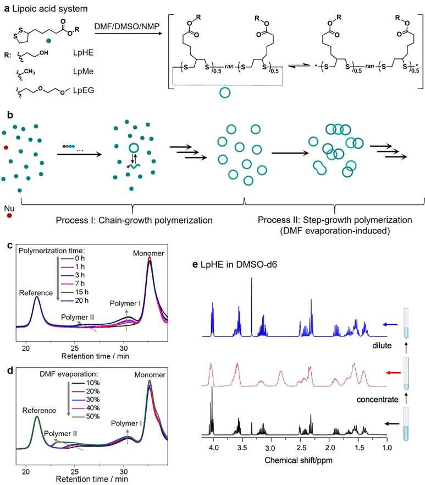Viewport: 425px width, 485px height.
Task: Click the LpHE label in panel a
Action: (83, 53)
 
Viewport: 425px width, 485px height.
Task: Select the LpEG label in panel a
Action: (84, 90)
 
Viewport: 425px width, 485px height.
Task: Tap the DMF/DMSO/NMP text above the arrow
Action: (127, 26)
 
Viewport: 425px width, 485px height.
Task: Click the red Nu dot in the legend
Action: (9, 216)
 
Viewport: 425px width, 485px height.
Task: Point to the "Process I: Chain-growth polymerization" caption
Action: (134, 220)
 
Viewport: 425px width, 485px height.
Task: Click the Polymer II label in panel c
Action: (78, 317)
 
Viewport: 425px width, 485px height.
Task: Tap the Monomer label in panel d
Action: (150, 374)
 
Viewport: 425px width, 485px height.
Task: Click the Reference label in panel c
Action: (36, 293)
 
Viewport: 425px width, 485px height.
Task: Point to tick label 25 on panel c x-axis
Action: (74, 348)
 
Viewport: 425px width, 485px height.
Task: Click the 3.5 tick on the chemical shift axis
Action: (242, 448)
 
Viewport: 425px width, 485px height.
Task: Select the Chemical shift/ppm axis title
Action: (299, 460)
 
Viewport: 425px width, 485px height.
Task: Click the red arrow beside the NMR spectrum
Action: (394, 373)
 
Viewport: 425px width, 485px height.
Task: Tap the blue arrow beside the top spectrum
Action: (390, 324)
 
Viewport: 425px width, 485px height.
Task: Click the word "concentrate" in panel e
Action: (377, 400)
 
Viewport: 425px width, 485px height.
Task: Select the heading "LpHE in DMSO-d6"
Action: (239, 264)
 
